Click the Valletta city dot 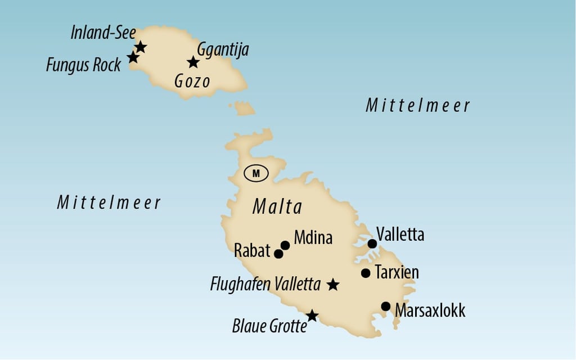372,244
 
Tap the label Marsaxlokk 430,310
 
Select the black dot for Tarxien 366,273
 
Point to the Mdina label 313,238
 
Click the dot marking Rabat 278,254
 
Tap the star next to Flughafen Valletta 333,285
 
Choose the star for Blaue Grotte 312,316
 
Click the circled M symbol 256,173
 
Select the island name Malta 277,207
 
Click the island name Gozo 192,82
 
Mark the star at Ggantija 193,62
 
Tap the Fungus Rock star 133,57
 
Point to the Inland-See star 141,47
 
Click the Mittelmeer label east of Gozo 417,105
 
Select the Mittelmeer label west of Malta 109,202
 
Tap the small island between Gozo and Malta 243,108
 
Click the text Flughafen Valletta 265,284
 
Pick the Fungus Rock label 83,65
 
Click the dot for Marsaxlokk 386,307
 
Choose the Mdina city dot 285,245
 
